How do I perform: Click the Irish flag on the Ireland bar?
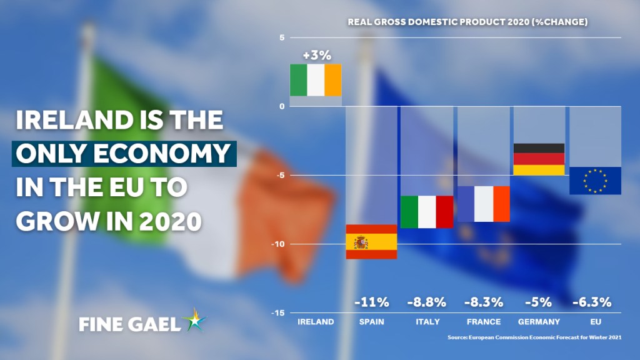click(316, 80)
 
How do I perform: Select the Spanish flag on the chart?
click(371, 241)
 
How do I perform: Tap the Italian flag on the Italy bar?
click(427, 212)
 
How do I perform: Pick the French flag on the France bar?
click(484, 204)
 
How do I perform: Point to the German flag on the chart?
click(539, 159)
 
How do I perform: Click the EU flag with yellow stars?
click(595, 181)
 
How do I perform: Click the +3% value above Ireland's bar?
click(316, 55)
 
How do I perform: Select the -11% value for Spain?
click(371, 302)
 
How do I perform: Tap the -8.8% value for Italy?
click(427, 302)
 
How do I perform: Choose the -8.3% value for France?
click(484, 302)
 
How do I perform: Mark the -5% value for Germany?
click(538, 302)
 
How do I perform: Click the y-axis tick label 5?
click(282, 37)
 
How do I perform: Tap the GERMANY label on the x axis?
click(538, 322)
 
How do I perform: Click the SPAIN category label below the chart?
click(371, 322)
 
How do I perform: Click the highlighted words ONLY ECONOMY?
click(122, 153)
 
